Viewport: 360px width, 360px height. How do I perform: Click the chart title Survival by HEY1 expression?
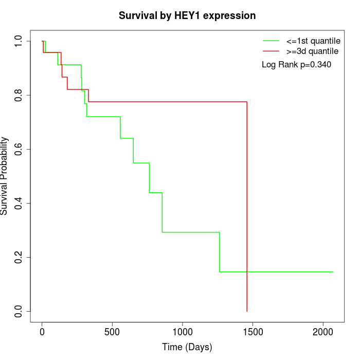tap(187, 16)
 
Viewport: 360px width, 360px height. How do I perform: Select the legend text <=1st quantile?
tap(313, 41)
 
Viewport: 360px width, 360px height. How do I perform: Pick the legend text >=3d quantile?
tap(312, 51)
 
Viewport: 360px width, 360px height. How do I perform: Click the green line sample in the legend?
tap(271, 41)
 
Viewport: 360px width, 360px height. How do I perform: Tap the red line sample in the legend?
tap(271, 51)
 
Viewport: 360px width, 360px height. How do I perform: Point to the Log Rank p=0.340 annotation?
tap(296, 64)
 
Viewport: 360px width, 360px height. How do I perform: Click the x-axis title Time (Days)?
tap(187, 347)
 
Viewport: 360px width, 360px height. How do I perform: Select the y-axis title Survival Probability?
tap(4, 176)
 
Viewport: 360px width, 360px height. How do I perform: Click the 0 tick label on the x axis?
tap(42, 332)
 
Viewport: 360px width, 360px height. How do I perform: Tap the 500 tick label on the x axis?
tap(112, 332)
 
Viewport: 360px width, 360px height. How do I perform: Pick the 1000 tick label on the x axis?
tap(183, 332)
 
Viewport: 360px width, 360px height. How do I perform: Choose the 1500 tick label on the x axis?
tap(253, 332)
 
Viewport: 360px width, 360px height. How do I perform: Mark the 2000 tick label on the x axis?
tap(323, 332)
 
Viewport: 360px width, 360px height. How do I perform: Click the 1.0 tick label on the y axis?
tap(18, 41)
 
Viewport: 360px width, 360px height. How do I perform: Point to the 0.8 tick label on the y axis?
tap(18, 95)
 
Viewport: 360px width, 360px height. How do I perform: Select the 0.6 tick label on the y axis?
tap(18, 149)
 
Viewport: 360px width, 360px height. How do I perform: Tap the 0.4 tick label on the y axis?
tap(18, 204)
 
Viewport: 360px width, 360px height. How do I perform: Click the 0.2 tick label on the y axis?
tap(18, 257)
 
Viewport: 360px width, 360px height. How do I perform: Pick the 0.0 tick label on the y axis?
tap(18, 311)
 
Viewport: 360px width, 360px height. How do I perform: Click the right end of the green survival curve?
tap(333, 272)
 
